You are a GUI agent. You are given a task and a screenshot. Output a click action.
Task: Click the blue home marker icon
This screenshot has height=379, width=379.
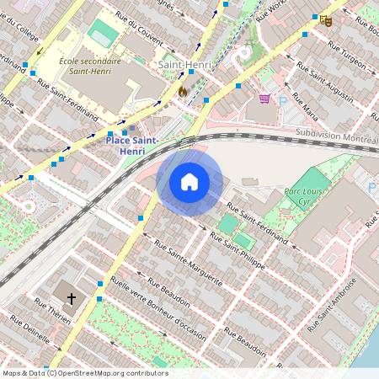pos(189,182)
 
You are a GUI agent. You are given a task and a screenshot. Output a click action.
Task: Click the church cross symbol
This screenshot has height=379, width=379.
pos(71,299)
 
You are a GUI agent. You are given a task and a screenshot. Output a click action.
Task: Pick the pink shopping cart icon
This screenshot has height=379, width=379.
pos(264,99)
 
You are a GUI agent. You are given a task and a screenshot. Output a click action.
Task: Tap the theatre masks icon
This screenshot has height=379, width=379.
pos(326,19)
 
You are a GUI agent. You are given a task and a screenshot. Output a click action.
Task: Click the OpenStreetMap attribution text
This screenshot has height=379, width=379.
pos(85,373)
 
